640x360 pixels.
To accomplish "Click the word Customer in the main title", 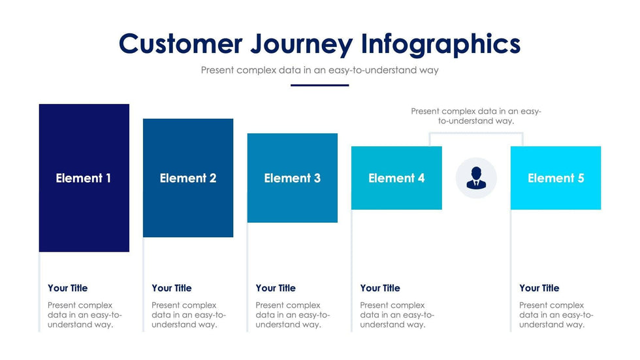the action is point(181,43).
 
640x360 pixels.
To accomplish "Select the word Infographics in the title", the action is point(441,44).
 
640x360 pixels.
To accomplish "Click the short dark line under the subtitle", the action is point(319,86).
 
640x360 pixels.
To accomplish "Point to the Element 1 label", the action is point(84,178).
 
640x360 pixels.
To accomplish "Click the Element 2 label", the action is point(188,178).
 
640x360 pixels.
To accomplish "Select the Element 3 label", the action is point(293,178).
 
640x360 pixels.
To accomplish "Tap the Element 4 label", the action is point(396,178).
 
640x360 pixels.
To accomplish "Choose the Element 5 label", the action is point(556,178).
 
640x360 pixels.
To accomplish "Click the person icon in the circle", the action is point(476,178).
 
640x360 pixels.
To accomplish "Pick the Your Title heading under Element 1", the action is point(68,288).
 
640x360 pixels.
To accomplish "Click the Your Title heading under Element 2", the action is point(171,288).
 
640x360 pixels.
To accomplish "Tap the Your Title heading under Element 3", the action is point(276,288).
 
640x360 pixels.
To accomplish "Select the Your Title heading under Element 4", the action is point(380,288).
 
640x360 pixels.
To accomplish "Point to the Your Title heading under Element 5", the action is point(539,288).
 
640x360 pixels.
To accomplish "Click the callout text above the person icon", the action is point(476,116).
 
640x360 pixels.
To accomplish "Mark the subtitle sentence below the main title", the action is point(319,70).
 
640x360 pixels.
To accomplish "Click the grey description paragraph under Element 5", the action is point(556,315).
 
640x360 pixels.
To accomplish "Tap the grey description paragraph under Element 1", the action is point(85,315).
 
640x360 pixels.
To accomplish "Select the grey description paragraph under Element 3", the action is point(293,315).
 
